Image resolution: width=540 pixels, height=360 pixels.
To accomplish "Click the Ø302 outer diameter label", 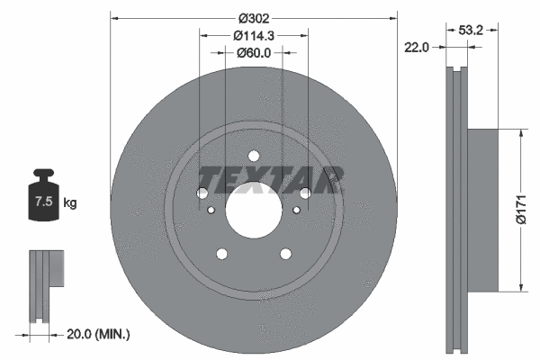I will tap(253, 18).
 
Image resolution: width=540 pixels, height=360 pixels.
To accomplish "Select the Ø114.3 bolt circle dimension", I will tap(253, 36).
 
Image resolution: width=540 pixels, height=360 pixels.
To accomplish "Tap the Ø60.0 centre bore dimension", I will tap(253, 53).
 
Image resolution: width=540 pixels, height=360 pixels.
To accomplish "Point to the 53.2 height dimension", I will tap(472, 30).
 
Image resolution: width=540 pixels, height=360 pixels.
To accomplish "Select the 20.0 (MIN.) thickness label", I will tap(98, 334).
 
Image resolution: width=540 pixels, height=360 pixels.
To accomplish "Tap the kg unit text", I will tap(70, 203).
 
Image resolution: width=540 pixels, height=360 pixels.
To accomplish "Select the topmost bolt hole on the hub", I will tap(253, 154).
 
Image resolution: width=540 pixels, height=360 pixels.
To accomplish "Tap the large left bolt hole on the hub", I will tap(202, 193).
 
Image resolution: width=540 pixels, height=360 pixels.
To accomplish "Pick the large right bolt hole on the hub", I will tap(305, 193).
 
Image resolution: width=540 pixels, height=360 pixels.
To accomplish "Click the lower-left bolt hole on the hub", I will tap(221, 254).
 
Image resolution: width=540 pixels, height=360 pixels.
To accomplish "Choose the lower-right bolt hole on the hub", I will tap(285, 254).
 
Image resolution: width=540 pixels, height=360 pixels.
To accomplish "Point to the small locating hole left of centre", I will tap(211, 211).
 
